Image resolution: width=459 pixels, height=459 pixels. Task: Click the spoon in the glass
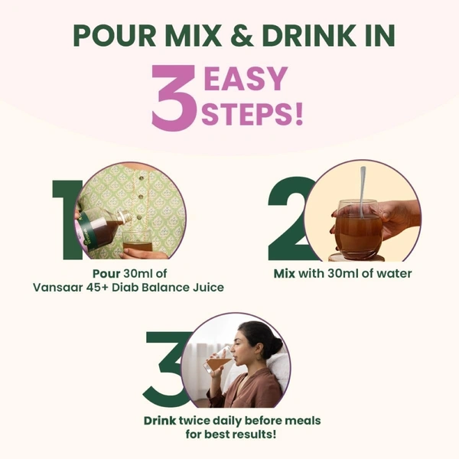click(x=362, y=191)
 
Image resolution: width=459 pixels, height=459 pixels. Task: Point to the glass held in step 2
click(x=358, y=229)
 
